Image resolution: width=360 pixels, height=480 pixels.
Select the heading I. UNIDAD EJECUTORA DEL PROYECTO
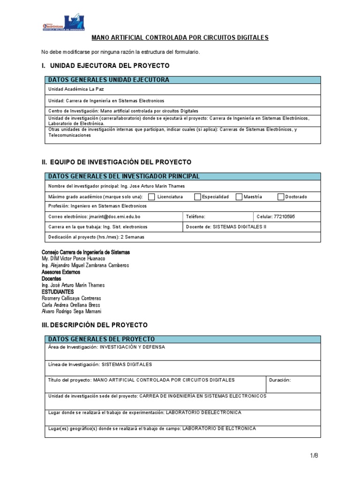tap(105, 66)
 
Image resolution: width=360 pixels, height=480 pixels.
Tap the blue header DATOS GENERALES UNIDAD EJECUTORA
tap(109, 80)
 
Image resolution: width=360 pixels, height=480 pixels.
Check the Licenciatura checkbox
tap(152, 197)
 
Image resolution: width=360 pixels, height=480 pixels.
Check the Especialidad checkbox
tap(197, 197)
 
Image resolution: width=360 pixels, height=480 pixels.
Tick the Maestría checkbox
tap(239, 197)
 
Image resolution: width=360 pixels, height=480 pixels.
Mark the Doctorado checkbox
tap(281, 197)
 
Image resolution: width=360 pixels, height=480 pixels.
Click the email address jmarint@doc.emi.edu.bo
tap(114, 217)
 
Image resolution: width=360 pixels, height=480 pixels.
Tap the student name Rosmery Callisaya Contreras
tap(71, 298)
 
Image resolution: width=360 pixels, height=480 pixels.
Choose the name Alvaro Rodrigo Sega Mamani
tap(71, 311)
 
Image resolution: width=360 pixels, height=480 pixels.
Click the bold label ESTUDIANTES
tap(59, 292)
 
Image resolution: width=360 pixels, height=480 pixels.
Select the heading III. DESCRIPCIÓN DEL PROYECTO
tap(95, 325)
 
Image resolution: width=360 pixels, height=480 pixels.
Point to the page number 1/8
tap(314, 455)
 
